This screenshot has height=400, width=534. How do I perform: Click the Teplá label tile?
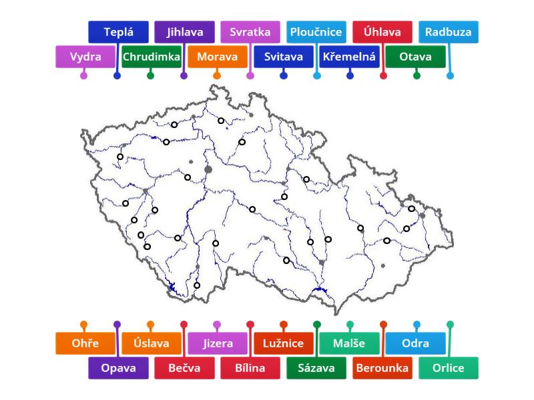click(x=118, y=32)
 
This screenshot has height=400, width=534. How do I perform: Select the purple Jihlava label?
click(x=184, y=32)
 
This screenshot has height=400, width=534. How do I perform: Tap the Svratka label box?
click(x=250, y=32)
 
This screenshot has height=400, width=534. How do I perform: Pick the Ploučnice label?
click(x=316, y=32)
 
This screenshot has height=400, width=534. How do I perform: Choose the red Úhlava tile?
click(x=382, y=32)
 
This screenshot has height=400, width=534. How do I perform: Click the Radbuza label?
click(x=449, y=32)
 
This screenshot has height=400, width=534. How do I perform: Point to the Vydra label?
click(x=85, y=57)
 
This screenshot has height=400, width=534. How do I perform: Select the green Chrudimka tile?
click(x=152, y=57)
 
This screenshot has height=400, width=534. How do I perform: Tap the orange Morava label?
click(x=218, y=57)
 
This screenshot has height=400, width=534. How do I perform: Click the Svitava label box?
click(x=284, y=57)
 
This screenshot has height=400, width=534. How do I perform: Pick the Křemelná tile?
click(x=350, y=57)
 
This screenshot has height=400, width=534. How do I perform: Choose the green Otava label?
click(x=416, y=57)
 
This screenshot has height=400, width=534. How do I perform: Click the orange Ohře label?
click(x=85, y=343)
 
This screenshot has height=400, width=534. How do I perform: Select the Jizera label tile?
click(x=218, y=343)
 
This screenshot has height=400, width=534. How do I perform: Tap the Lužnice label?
click(x=284, y=343)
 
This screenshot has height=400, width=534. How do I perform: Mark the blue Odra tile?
click(x=416, y=343)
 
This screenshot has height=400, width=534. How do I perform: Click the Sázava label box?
click(x=316, y=368)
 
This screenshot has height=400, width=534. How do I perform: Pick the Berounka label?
click(x=382, y=368)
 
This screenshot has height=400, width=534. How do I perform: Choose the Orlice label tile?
click(x=449, y=368)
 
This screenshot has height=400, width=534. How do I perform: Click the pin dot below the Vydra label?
click(x=83, y=75)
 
